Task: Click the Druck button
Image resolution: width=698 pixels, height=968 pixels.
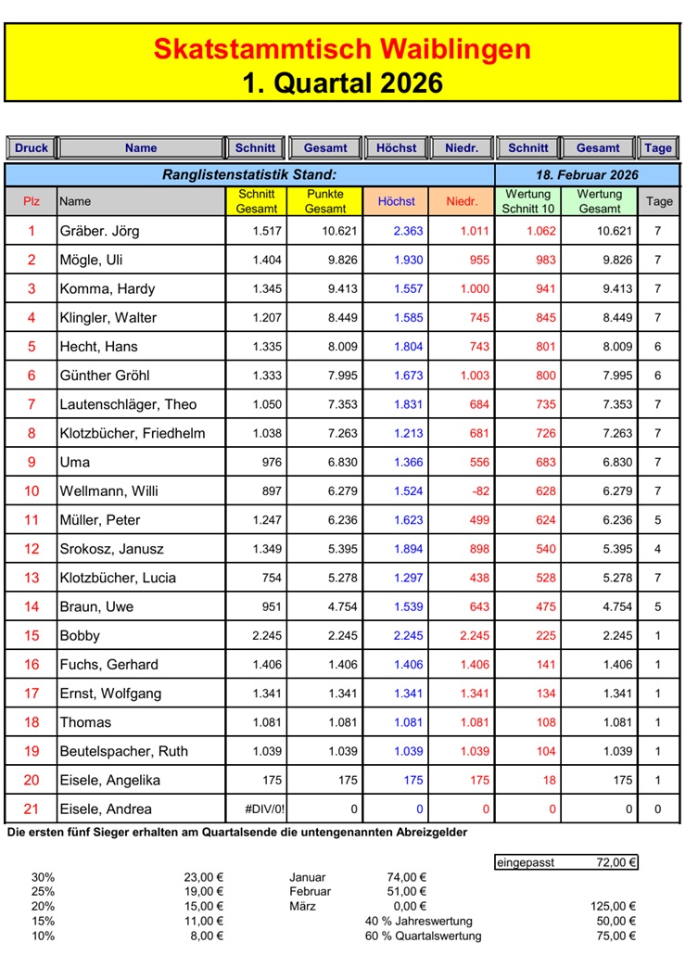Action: (x=32, y=147)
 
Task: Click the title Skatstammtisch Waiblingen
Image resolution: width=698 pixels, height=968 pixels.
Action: (x=342, y=48)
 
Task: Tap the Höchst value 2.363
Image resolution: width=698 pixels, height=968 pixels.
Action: (x=408, y=231)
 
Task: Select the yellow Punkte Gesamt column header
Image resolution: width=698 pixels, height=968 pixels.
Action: (x=325, y=201)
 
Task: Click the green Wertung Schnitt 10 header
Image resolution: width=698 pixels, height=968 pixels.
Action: (x=527, y=201)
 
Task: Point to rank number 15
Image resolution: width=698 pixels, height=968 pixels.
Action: (x=32, y=636)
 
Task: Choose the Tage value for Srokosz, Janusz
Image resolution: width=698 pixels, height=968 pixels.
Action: (x=658, y=549)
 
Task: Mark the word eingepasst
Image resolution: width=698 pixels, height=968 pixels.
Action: (x=525, y=862)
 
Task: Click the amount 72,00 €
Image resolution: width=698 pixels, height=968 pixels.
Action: (x=616, y=862)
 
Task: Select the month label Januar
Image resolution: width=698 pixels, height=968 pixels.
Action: (x=308, y=877)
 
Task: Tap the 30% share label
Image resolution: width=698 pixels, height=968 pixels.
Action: (x=43, y=877)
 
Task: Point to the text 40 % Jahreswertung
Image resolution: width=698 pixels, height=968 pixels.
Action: (x=419, y=922)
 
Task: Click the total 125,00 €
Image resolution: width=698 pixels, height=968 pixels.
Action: (x=613, y=907)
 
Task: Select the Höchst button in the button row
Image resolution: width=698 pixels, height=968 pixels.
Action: (x=397, y=147)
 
